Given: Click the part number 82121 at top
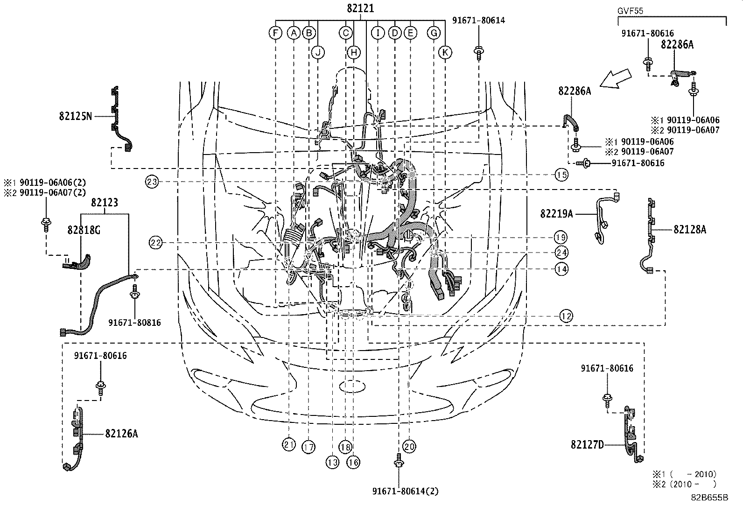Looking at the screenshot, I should point(360,8).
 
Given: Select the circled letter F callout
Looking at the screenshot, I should point(276,33).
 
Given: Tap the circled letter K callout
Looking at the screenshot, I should point(445,52).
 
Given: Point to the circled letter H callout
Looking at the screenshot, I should point(354,52).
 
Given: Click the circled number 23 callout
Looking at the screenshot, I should point(152,181).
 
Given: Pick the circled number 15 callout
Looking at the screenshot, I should point(561,175).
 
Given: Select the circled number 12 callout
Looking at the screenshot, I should point(566,316).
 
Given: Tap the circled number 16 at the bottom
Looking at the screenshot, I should point(354,462).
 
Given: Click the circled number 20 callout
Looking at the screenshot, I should point(409,446).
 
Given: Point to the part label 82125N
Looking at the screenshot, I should point(76,116).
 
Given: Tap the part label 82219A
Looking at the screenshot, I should point(556,214).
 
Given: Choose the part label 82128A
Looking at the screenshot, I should point(690,229).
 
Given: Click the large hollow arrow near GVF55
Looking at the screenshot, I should point(616,78).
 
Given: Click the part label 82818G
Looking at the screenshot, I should point(83,229).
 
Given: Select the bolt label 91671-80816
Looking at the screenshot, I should point(134,323).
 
